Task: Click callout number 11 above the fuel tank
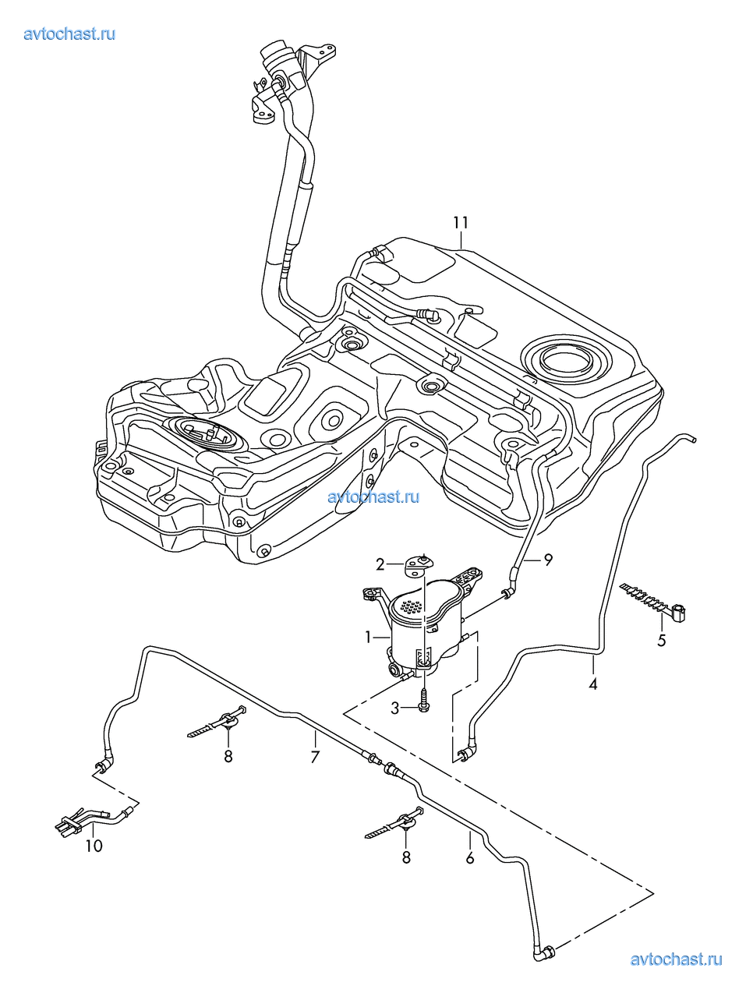coord(461,222)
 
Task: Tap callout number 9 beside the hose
coord(548,559)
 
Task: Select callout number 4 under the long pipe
coord(593,684)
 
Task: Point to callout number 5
coord(661,641)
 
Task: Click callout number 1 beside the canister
coord(369,637)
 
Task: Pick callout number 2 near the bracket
coord(380,564)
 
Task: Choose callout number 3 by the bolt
coord(395,708)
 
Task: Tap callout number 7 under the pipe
coord(315,756)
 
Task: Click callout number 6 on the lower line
coord(469,858)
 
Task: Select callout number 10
coord(94,846)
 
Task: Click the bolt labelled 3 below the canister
coord(423,701)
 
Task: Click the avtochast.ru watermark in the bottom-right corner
coord(676,959)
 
